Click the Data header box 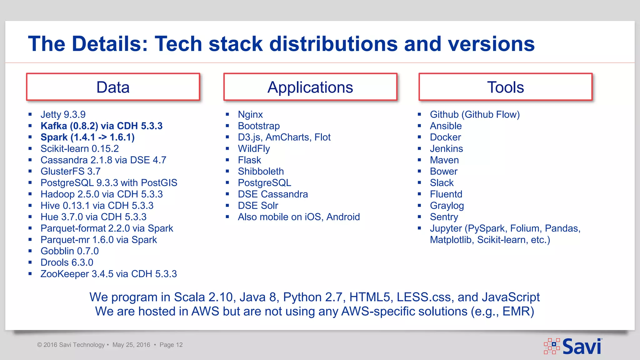click(x=113, y=87)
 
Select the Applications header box click(x=310, y=87)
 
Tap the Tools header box click(x=505, y=87)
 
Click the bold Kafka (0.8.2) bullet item click(x=102, y=126)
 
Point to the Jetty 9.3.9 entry click(x=63, y=115)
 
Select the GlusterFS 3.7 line click(x=70, y=172)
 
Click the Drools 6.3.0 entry click(x=67, y=262)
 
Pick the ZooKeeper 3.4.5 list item click(x=108, y=274)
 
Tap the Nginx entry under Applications click(x=250, y=115)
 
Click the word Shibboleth click(x=261, y=172)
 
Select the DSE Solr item click(x=258, y=206)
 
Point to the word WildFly click(x=254, y=149)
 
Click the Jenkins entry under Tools click(x=446, y=149)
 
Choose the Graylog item click(x=447, y=206)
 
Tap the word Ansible click(x=446, y=126)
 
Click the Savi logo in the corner click(x=573, y=346)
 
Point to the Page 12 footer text click(x=171, y=345)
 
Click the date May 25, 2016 click(x=131, y=345)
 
